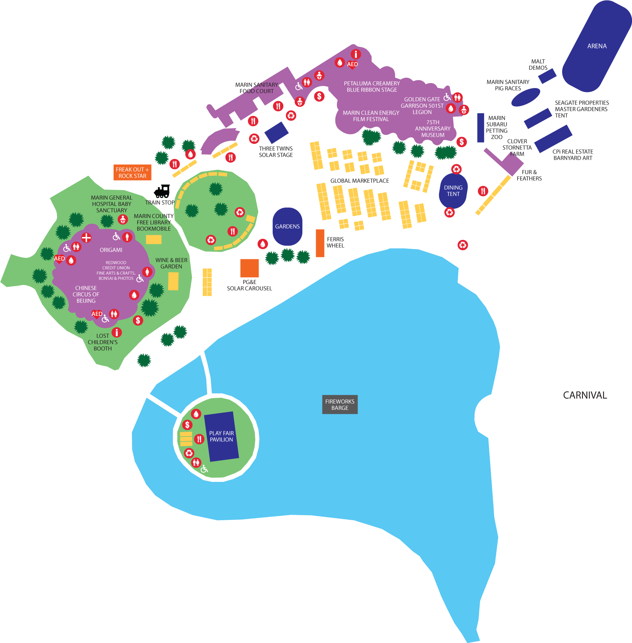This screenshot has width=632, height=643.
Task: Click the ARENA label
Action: [597, 46]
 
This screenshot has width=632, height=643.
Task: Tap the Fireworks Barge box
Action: [340, 405]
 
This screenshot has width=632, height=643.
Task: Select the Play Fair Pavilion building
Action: [221, 436]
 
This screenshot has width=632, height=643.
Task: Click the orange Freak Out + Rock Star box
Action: [132, 173]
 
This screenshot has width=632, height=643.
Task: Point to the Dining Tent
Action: [453, 191]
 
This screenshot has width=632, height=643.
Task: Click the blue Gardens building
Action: [287, 227]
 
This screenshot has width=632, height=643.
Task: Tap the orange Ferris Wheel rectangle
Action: [320, 243]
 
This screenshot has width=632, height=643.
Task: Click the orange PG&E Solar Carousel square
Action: [249, 268]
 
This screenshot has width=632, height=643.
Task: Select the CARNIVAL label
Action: [585, 395]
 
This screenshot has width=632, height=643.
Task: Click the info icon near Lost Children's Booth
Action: [116, 333]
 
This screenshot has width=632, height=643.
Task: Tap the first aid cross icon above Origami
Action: [86, 237]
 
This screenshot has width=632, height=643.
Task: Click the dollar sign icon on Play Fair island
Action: [187, 425]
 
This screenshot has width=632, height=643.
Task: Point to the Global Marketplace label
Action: [359, 181]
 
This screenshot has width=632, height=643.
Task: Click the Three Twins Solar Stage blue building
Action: [276, 132]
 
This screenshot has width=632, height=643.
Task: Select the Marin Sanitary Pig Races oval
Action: [525, 97]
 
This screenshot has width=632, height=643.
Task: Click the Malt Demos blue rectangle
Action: [547, 76]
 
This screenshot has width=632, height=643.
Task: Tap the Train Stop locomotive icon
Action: [163, 192]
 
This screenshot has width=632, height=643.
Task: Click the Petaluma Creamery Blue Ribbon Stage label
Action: [372, 87]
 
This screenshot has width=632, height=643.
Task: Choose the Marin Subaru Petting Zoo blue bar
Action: [480, 128]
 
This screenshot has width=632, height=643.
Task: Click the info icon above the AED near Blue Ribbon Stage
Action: [355, 54]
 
